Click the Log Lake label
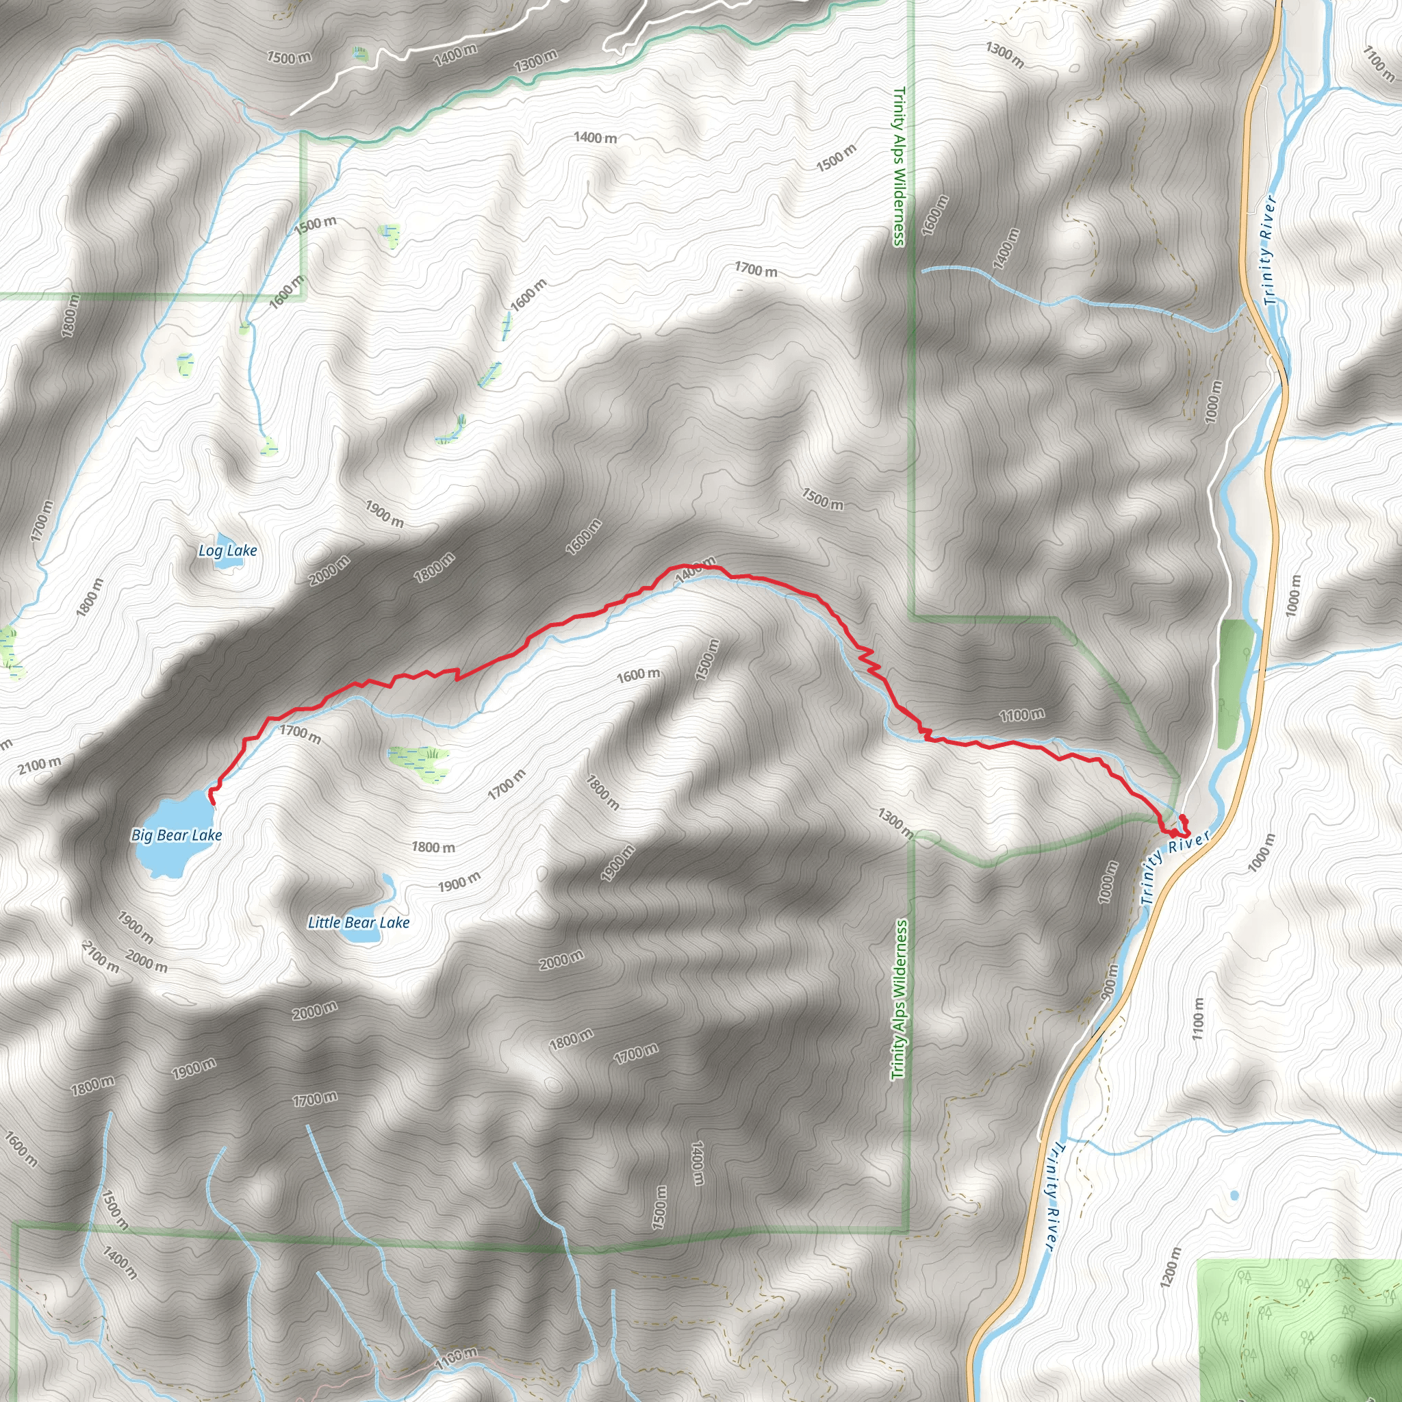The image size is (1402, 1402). [228, 551]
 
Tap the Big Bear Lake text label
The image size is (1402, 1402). [177, 835]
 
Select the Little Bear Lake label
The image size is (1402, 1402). [359, 922]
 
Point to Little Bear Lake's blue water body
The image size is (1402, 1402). [361, 933]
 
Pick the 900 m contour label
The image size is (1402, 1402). [1110, 982]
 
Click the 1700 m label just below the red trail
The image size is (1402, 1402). [301, 735]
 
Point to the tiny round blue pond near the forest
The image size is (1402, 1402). [1234, 1195]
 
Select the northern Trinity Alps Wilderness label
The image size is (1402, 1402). [899, 167]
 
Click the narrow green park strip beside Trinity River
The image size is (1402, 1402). [1235, 682]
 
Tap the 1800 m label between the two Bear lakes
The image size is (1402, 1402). [433, 847]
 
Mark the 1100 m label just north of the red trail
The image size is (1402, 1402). [1022, 715]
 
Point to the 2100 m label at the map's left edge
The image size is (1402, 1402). [40, 764]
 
